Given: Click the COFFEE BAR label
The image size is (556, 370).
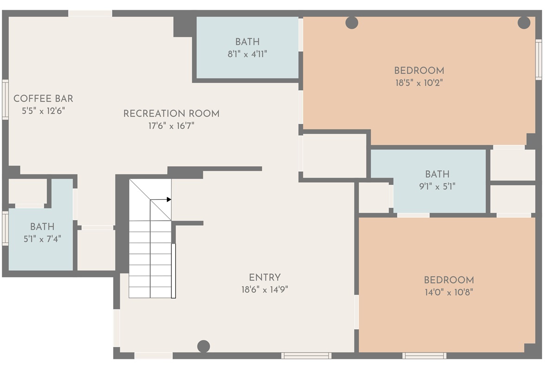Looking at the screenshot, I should pyautogui.click(x=43, y=99).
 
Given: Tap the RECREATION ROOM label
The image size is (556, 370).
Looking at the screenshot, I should pyautogui.click(x=171, y=114).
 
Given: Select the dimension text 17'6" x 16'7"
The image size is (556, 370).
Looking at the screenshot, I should pyautogui.click(x=171, y=126).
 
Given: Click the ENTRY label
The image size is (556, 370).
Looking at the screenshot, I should pyautogui.click(x=265, y=277).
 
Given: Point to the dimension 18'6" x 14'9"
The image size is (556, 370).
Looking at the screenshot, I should pyautogui.click(x=265, y=290).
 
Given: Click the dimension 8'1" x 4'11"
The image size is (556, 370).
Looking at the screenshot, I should pyautogui.click(x=247, y=54).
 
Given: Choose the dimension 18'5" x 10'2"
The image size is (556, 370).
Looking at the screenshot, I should pyautogui.click(x=419, y=83).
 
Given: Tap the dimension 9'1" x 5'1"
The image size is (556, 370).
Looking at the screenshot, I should pyautogui.click(x=437, y=186).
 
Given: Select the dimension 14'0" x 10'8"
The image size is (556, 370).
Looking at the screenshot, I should pyautogui.click(x=449, y=292).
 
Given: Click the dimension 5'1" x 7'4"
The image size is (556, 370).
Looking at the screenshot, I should pyautogui.click(x=42, y=239).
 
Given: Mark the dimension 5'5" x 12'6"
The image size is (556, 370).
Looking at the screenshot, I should pyautogui.click(x=43, y=111).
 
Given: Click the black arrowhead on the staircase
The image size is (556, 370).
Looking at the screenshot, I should pyautogui.click(x=169, y=200).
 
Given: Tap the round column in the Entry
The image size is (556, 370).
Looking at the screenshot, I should pyautogui.click(x=203, y=346).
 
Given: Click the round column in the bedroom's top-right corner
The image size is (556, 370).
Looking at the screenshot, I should pyautogui.click(x=524, y=22).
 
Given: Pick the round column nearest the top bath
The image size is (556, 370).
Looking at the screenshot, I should pyautogui.click(x=352, y=22).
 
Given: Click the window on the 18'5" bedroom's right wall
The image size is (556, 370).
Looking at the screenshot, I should pyautogui.click(x=539, y=59).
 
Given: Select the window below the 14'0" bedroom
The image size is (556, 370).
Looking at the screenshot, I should pyautogui.click(x=424, y=356).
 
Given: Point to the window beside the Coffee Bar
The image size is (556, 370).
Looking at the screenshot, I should pyautogui.click(x=6, y=99).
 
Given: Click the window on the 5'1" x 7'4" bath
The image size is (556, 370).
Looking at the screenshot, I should pyautogui.click(x=5, y=228).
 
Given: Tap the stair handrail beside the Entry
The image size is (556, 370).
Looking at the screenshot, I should pyautogui.click(x=174, y=271).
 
